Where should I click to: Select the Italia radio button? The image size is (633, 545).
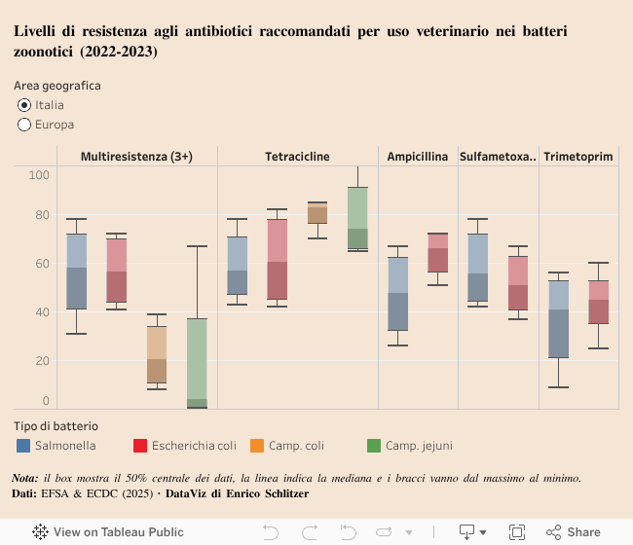tap(25, 105)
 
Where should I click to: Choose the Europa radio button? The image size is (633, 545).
tap(25, 125)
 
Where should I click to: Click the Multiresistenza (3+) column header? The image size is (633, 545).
tap(136, 156)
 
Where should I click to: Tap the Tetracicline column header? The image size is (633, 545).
tap(297, 156)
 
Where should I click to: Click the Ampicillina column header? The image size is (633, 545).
tap(418, 156)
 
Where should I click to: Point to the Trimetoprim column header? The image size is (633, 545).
tap(578, 156)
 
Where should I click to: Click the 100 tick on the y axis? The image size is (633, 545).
tap(39, 174)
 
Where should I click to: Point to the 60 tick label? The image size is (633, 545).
tap(39, 263)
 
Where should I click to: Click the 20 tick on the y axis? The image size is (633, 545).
tap(39, 361)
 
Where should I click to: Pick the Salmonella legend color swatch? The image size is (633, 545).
tap(23, 446)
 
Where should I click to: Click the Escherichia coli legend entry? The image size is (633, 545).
tap(184, 446)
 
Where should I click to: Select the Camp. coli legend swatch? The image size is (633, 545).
tap(257, 446)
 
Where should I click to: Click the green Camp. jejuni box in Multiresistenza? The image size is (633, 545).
tap(197, 360)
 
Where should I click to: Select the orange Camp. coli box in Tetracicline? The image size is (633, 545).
tap(317, 214)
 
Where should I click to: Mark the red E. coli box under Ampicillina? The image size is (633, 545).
tap(437, 253)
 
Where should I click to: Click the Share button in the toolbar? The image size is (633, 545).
tap(574, 532)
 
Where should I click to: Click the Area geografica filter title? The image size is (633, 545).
tap(57, 86)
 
